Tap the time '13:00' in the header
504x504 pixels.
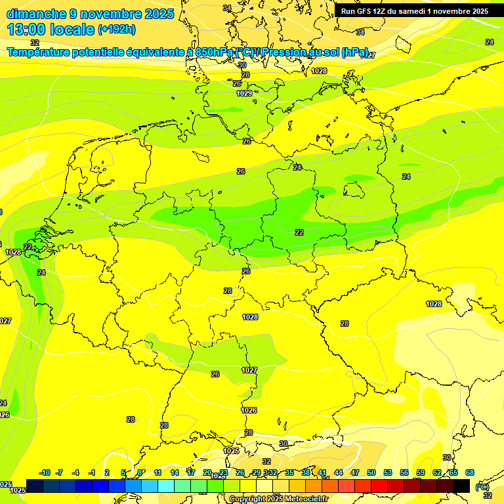coord(23,29)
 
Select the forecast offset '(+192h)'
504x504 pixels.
coord(117,30)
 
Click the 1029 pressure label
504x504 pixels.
coord(244,93)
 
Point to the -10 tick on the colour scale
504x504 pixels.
coord(45,472)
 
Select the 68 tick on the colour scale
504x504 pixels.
coord(470,472)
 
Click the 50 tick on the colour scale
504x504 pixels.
coord(371,472)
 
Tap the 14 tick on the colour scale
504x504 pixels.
coord(175,472)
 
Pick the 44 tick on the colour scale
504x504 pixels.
coord(339,472)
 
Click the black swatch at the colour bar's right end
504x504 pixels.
coord(461,486)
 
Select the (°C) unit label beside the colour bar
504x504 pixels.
coord(482,486)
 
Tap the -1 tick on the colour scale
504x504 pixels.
coord(93,472)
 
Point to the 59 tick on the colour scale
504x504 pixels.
coord(421,472)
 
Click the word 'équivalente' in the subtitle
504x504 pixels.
coord(157,52)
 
